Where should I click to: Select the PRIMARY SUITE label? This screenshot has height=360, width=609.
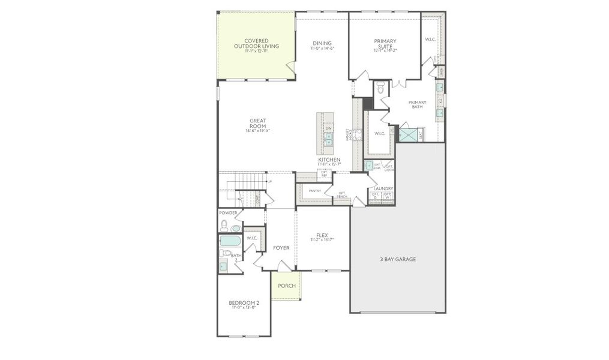click(x=385, y=44)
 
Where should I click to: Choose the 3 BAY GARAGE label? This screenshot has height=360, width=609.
click(x=397, y=259)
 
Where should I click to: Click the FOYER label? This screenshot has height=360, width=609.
click(x=281, y=247)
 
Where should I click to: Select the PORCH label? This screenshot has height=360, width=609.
click(x=286, y=286)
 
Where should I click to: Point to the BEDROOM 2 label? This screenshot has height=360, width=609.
click(x=244, y=302)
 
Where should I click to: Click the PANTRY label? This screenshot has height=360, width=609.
click(x=315, y=191)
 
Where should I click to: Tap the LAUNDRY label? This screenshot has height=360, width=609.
click(x=383, y=188)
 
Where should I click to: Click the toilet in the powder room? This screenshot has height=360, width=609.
click(x=224, y=226)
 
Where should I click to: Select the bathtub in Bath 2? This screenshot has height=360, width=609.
click(x=230, y=241)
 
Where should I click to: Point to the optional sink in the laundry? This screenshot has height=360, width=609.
click(x=369, y=165)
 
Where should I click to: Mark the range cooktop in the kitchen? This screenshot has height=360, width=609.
click(x=356, y=134)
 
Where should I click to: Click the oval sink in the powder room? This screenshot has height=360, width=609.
click(x=236, y=229)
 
